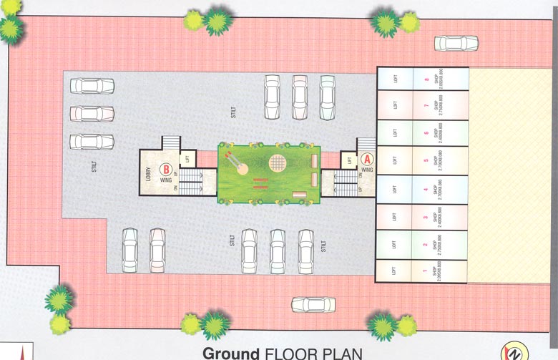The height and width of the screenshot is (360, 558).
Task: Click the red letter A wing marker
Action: pos(366,160)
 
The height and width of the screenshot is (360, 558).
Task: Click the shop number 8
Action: pos(426,79)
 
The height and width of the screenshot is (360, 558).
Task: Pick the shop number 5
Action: pos(426,160)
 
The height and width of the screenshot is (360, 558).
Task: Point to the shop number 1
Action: pos(426,271)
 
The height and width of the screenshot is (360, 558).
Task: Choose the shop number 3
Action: pos(426,217)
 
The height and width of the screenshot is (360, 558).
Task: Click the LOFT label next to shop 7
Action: pos(395,105)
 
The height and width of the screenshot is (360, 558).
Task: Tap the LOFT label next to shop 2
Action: pos(395,245)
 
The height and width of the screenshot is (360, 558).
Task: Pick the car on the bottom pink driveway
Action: pos(313,305)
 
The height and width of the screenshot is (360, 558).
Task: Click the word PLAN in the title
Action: pos(341,353)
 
